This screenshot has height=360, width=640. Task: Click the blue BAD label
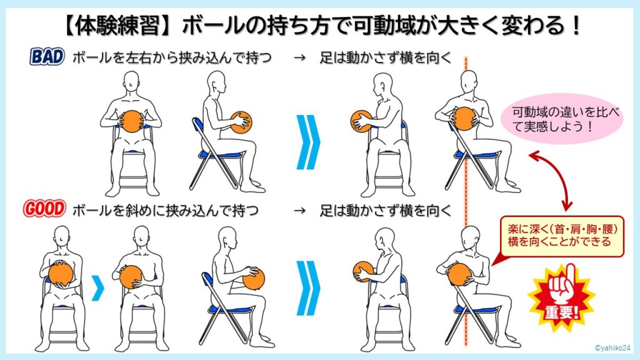tap(47, 57)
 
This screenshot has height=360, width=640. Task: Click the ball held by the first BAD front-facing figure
tap(131, 121)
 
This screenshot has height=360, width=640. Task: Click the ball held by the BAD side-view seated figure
tap(241, 122)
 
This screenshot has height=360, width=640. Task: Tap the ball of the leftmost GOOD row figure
tap(61, 273)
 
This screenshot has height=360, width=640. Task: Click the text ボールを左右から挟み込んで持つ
tap(170, 58)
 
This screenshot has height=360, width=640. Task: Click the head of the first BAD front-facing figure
tap(131, 81)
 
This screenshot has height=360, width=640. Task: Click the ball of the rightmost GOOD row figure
tap(460, 273)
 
